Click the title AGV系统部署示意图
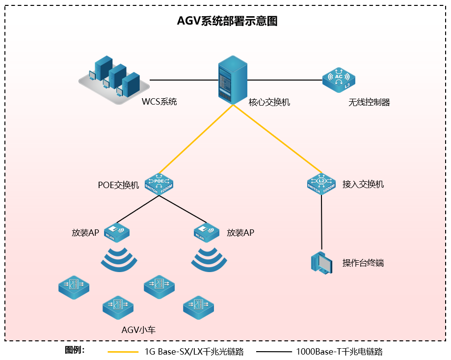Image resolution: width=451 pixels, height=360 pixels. [227, 22]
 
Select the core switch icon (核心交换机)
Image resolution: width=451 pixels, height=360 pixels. [231, 79]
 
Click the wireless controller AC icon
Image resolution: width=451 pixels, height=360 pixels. [339, 80]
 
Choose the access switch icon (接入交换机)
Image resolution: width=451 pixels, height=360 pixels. [321, 184]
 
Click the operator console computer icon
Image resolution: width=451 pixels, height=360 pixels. [322, 262]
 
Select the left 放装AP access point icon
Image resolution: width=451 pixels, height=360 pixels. [116, 232]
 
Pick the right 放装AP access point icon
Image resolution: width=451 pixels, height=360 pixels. [207, 232]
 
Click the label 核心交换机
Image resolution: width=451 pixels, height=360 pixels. [269, 102]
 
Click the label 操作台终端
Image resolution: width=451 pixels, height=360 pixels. [363, 263]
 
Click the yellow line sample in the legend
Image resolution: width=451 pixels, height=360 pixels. [123, 352]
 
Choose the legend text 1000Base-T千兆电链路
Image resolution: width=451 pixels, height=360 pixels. [339, 352]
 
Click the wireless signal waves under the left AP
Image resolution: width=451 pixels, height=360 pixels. [119, 260]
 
